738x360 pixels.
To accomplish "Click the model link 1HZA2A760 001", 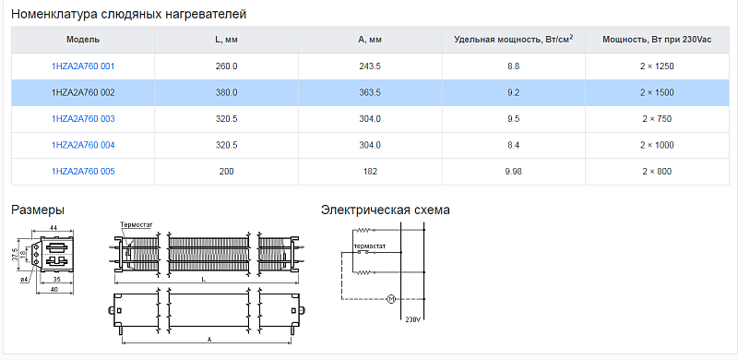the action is coord(83,66).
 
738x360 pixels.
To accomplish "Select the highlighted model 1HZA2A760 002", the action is coord(83,93).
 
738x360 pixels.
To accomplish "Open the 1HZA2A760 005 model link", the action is coord(83,172).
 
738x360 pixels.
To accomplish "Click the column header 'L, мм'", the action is coord(226,40).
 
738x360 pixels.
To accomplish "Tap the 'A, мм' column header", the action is coord(370,40).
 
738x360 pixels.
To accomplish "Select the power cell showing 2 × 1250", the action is coord(657,66).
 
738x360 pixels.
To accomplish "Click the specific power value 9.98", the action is coord(514,172).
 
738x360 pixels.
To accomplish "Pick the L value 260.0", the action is coord(226,66).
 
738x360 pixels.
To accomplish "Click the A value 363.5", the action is coord(370,93).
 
